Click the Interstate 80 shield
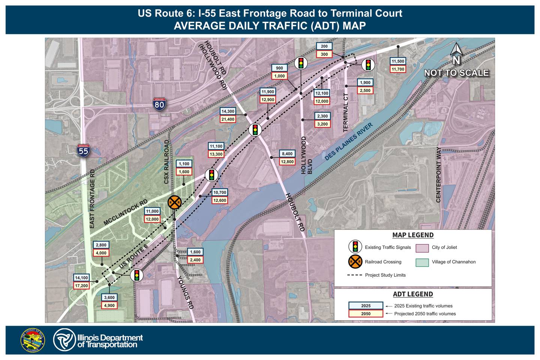[x=159, y=103]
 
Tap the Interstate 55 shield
[x=83, y=150]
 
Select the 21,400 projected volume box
[x=228, y=119]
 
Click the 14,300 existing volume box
[x=228, y=111]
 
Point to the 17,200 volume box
[x=81, y=286]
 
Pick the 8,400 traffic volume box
[x=287, y=154]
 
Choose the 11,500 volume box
[x=398, y=61]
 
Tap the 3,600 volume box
[x=109, y=298]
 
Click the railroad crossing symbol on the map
[x=174, y=202]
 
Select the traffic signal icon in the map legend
[x=355, y=247]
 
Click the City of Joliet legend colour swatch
[x=422, y=248]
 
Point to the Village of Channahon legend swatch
[x=422, y=262]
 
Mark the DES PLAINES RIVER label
[x=349, y=142]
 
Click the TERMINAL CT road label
[x=346, y=112]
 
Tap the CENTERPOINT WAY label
[x=438, y=175]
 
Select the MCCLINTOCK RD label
[x=126, y=213]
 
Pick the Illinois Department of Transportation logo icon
[x=64, y=340]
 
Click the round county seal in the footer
[x=32, y=340]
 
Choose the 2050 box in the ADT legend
[x=366, y=314]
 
